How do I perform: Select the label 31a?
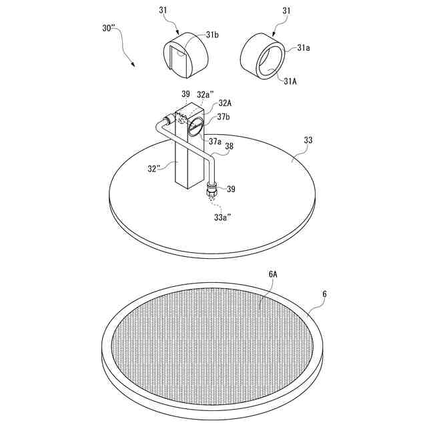pos(304,47)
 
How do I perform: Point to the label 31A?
pos(290,81)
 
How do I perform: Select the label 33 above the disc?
pos(308,140)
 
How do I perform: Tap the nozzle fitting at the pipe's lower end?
pos(211,189)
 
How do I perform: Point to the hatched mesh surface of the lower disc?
pos(213,340)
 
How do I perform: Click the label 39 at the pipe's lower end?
pos(231,189)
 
